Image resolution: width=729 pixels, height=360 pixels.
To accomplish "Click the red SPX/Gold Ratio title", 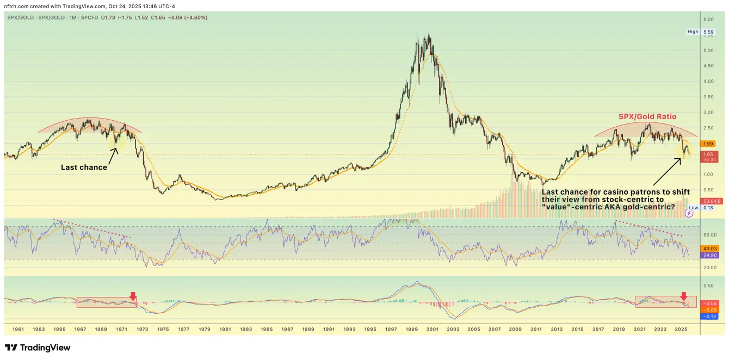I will point(647,117).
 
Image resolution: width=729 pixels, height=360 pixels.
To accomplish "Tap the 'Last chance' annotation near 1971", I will point(84,167).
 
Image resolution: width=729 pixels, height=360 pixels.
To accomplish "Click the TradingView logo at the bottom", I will point(38,347).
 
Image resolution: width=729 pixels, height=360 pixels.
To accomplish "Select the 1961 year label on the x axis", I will point(17,329).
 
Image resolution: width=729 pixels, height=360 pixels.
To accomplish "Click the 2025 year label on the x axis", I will point(681,329).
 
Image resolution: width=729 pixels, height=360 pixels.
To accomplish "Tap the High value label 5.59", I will point(708,32).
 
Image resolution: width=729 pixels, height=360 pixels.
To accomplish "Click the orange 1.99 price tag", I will point(708,144).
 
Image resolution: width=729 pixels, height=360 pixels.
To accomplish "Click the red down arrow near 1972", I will point(133,296).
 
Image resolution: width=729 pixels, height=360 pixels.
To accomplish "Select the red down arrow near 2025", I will point(684,296).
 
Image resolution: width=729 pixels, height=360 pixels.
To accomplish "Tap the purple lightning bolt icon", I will point(689,213).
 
